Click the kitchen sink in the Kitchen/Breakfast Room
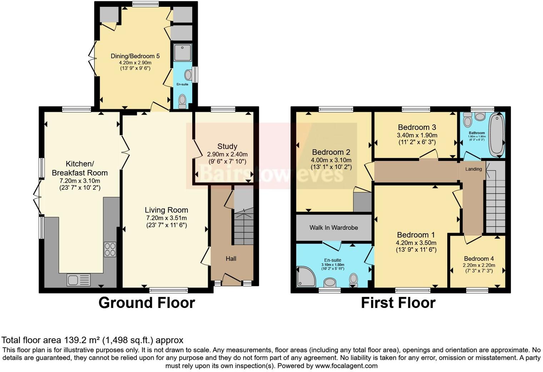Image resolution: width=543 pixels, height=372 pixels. pyautogui.click(x=79, y=280)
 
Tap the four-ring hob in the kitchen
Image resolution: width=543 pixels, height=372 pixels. pyautogui.click(x=110, y=249)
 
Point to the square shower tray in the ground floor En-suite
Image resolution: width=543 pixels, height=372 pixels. pyautogui.click(x=183, y=53)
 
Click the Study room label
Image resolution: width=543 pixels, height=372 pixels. pyautogui.click(x=227, y=146)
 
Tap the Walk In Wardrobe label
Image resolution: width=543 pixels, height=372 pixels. pyautogui.click(x=334, y=227)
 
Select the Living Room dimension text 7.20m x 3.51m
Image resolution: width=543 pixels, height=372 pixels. pyautogui.click(x=166, y=218)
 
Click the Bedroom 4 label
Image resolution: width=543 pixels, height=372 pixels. pyautogui.click(x=479, y=259)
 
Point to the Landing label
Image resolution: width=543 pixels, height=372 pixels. pyautogui.click(x=473, y=169)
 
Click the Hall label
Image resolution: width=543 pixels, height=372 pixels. pyautogui.click(x=231, y=259)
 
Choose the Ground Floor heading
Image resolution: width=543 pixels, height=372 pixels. pyautogui.click(x=146, y=303)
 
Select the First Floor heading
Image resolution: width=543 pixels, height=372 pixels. pyautogui.click(x=398, y=303)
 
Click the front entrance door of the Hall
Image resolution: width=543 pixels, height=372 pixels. pyautogui.click(x=231, y=279)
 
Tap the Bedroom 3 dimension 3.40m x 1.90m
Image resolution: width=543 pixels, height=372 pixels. pyautogui.click(x=417, y=135)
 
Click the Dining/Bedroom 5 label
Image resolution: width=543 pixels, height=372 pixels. pyautogui.click(x=135, y=56)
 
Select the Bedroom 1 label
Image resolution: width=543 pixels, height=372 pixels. pyautogui.click(x=416, y=235)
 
